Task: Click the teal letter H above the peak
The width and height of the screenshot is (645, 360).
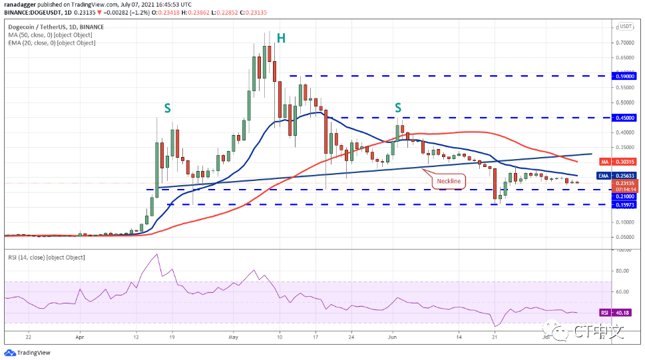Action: (x=281, y=38)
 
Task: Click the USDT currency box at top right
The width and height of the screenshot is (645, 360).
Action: (x=625, y=27)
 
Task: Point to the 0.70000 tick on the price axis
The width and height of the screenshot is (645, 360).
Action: (x=624, y=42)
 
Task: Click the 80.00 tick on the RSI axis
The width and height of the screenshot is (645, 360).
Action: (x=623, y=271)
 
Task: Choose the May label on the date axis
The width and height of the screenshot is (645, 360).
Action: (x=233, y=337)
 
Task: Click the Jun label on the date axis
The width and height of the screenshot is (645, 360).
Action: (x=392, y=337)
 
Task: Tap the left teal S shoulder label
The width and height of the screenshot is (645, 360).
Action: (x=168, y=107)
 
